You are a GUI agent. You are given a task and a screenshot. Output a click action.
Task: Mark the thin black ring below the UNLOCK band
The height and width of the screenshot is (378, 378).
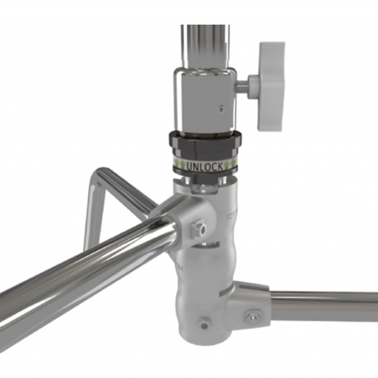pos(205,175)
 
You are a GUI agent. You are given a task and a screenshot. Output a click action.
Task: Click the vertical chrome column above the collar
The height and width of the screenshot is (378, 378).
pos(201,41)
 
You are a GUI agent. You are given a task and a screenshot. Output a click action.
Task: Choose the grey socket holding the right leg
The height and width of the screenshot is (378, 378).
pos(251,304)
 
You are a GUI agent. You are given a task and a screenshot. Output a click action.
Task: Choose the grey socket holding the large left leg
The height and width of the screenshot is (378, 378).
pos(177,215)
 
